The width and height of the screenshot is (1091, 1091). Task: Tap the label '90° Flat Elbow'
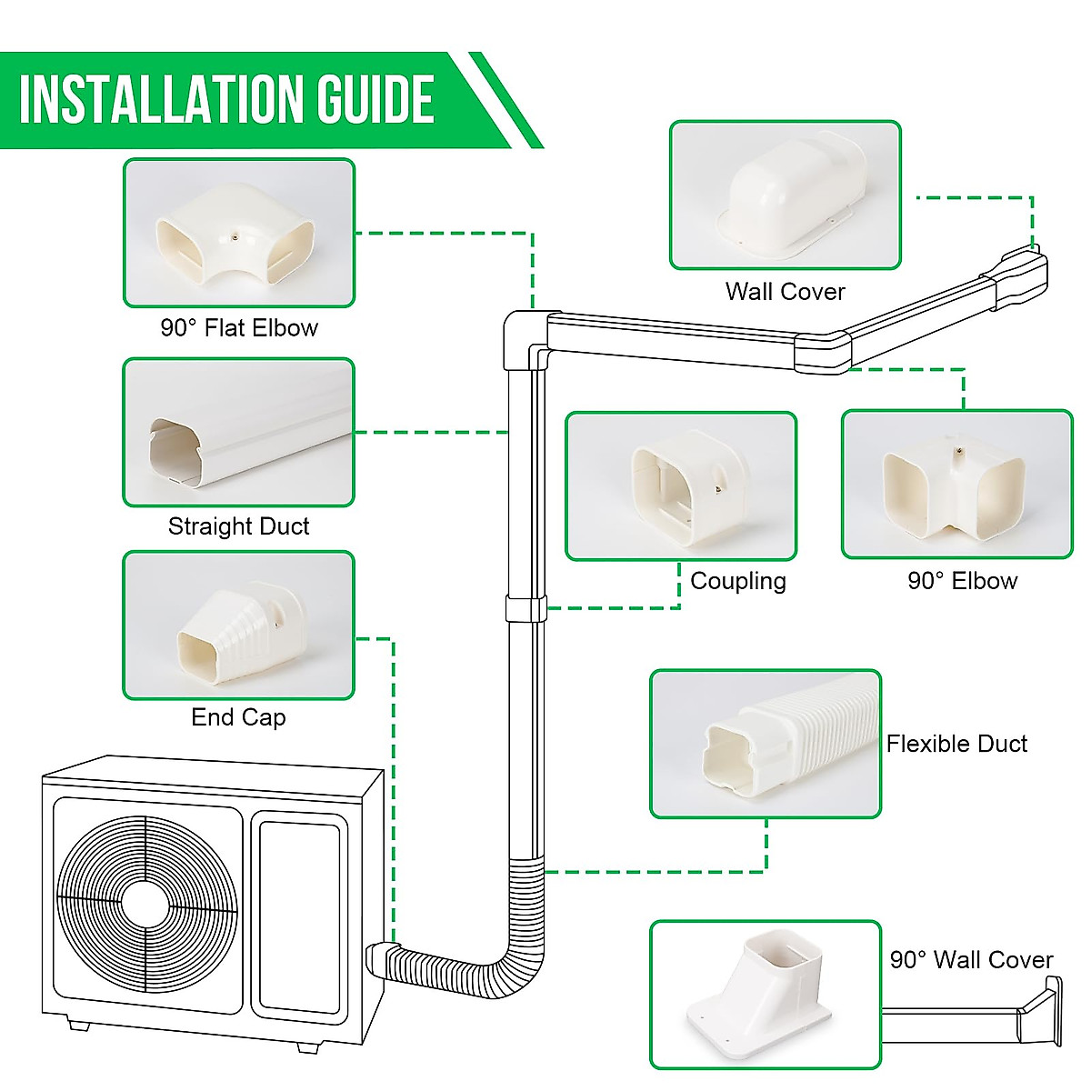pos(239,328)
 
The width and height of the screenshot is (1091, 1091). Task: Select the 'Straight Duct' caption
pos(238,526)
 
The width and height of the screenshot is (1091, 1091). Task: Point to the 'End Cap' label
pos(238,717)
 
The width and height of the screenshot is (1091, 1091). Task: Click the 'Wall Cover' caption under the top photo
pos(785,292)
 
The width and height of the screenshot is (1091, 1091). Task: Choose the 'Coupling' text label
pos(738,581)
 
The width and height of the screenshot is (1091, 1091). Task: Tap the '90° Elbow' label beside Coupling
pos(962,581)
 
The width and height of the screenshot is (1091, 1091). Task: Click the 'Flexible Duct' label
pos(956,744)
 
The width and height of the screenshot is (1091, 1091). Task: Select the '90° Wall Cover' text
pos(971,960)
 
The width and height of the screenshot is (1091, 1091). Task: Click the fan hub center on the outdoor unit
pos(146,905)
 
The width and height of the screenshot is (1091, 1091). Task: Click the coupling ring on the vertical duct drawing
pos(526,608)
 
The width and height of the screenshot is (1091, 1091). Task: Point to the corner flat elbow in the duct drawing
pos(525,339)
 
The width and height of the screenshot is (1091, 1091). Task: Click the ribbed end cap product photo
pos(238,626)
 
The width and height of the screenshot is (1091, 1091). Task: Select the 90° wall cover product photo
pos(766,995)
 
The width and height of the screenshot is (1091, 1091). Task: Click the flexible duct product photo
pos(766,745)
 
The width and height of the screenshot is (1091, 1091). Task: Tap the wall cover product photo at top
pos(786,195)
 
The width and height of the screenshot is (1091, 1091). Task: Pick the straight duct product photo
pos(238,433)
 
